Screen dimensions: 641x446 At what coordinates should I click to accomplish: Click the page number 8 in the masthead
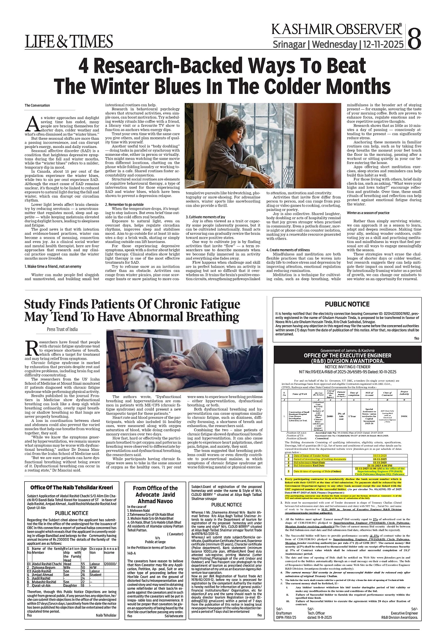[x=414, y=38]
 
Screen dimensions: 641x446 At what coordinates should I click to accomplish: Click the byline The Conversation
[x=37, y=105]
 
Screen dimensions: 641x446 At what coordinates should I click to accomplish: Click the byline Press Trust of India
[x=63, y=330]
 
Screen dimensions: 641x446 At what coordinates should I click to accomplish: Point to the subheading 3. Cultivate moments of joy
[x=206, y=217]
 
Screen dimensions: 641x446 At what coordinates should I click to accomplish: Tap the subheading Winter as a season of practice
[x=368, y=212]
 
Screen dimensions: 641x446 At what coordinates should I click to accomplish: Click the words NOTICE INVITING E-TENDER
[x=347, y=366]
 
